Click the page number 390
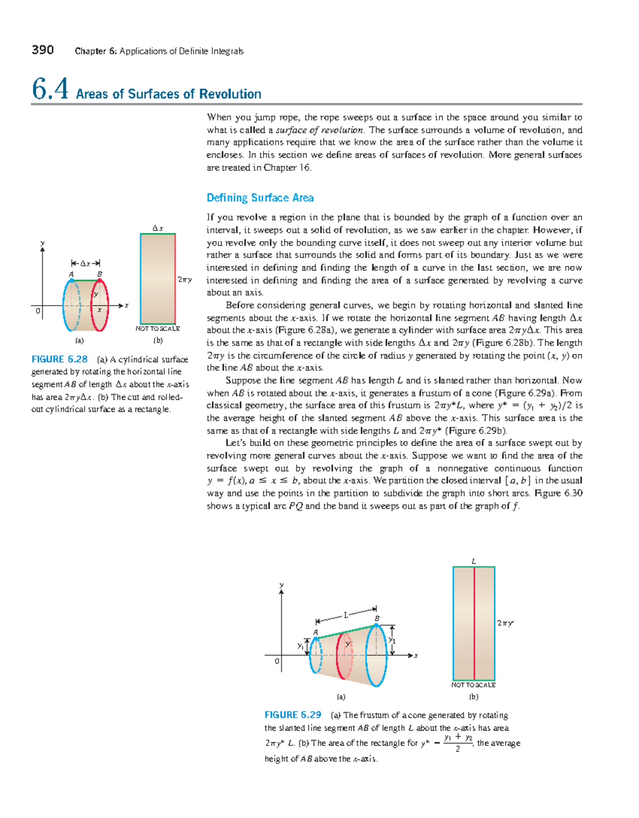(x=43, y=50)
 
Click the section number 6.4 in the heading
(x=50, y=89)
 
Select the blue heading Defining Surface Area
(x=260, y=198)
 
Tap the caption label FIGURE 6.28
(x=59, y=359)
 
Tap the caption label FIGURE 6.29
(x=293, y=715)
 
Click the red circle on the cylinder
(x=107, y=305)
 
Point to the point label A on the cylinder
(x=71, y=274)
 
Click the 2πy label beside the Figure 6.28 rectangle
(x=184, y=280)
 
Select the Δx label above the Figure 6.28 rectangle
(x=158, y=228)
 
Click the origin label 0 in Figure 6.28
(x=38, y=311)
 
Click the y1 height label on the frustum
(x=300, y=646)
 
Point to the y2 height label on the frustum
(x=392, y=640)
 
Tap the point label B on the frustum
(x=377, y=618)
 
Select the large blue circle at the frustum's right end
(x=385, y=655)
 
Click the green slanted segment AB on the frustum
(x=346, y=631)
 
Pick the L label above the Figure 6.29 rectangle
(x=473, y=561)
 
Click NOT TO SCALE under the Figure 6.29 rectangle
(x=473, y=685)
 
